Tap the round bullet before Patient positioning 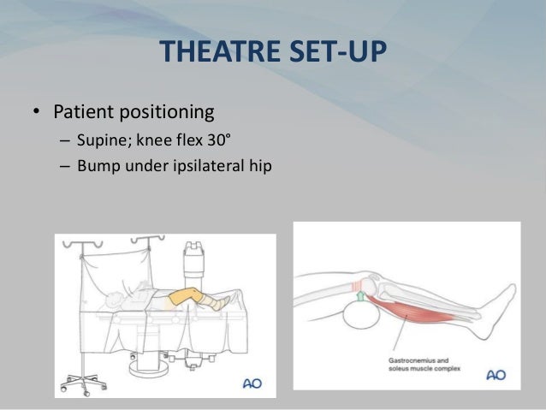[x=36, y=113]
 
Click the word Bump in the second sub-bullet [x=96, y=165]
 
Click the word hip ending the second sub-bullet [x=259, y=165]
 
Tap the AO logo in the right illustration [x=497, y=374]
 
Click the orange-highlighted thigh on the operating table [x=184, y=300]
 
